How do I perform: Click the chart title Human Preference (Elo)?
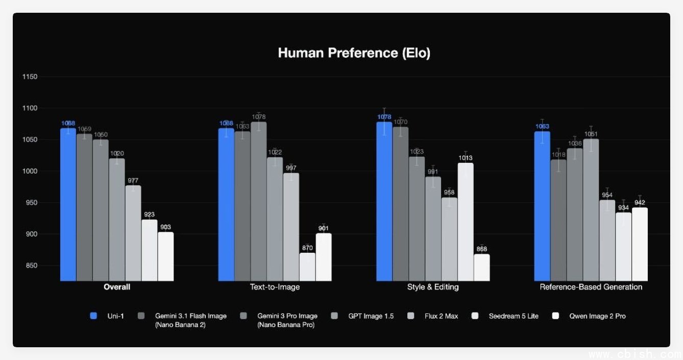(x=354, y=53)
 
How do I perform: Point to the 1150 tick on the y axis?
(x=30, y=77)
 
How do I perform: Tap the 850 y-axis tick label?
(x=31, y=266)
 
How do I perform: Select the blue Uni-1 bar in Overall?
(x=68, y=204)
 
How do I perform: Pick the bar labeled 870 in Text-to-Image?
(x=307, y=267)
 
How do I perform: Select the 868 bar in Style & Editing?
(x=481, y=267)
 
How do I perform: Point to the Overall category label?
(x=116, y=287)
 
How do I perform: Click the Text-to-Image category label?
(x=275, y=287)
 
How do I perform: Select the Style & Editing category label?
(x=433, y=287)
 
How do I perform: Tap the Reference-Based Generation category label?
(x=591, y=287)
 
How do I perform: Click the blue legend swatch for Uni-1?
(x=93, y=316)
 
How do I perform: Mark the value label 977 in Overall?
(x=133, y=181)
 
